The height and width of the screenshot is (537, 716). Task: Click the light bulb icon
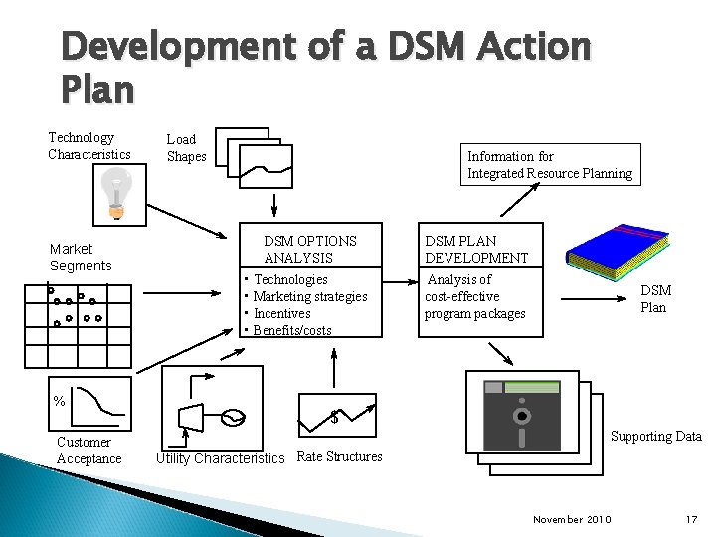[x=117, y=192]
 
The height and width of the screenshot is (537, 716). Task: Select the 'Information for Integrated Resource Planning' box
[x=550, y=165]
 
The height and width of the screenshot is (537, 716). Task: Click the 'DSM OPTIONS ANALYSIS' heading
[x=309, y=249]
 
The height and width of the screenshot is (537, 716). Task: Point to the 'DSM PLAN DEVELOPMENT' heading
[x=476, y=249]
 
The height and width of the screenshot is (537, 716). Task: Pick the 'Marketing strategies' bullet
[x=310, y=296]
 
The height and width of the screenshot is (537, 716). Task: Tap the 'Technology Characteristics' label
[x=89, y=146]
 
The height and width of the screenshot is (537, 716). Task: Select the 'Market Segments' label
[x=81, y=257]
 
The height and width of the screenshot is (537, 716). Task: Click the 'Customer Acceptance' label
[x=89, y=449]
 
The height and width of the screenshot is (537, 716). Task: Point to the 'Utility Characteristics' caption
[x=220, y=458]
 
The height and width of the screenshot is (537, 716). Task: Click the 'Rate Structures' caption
[x=339, y=457]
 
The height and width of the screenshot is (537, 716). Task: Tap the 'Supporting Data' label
[x=655, y=436]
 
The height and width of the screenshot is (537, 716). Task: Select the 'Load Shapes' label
[x=186, y=148]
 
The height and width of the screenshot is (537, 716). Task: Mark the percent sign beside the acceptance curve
[x=59, y=401]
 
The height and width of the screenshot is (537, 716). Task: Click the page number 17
[x=692, y=519]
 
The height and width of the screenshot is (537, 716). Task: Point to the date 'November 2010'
[x=573, y=519]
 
